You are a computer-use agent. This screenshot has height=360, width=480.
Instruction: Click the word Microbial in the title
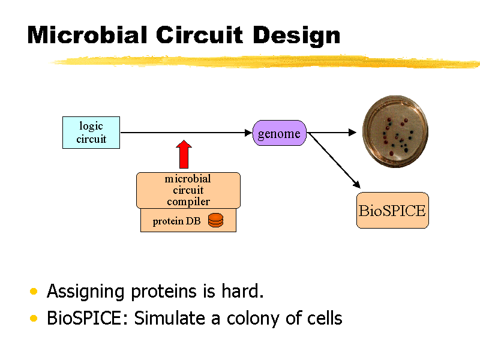[x=88, y=35]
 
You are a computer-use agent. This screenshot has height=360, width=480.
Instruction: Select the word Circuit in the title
[x=200, y=35]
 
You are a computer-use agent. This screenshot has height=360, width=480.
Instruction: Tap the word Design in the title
[x=296, y=36]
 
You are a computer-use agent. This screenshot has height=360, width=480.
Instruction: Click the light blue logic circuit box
[x=91, y=133]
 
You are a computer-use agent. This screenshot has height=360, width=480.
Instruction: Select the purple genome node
[x=279, y=133]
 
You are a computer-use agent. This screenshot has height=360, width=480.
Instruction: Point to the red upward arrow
[x=184, y=154]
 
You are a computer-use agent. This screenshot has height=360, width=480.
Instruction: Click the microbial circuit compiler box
[x=188, y=190]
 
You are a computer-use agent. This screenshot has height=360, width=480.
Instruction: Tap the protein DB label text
[x=176, y=221]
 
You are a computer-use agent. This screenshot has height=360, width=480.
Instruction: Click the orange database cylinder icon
[x=216, y=220]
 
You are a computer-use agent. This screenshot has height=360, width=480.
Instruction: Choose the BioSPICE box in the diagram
[x=392, y=211]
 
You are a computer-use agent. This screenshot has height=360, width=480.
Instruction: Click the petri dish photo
[x=395, y=131]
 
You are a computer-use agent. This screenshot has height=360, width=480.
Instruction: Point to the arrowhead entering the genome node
[x=248, y=133]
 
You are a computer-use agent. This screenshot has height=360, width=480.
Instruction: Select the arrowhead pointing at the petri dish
[x=353, y=133]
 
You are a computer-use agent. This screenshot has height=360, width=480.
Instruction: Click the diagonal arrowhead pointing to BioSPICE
[x=357, y=185]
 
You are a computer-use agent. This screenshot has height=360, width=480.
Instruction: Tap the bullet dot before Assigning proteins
[x=34, y=291]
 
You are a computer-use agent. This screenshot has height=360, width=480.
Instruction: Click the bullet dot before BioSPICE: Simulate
[x=34, y=319]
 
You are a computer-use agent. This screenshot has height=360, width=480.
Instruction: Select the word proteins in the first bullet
[x=164, y=292]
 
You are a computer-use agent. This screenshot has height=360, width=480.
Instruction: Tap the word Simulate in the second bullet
[x=170, y=318]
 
